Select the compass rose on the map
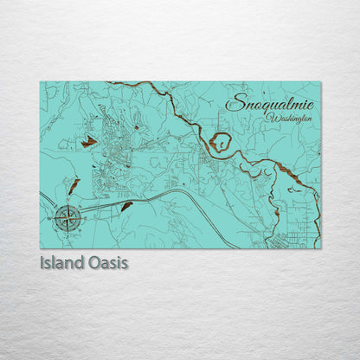[67, 217]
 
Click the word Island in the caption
[65, 262]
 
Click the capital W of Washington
[271, 117]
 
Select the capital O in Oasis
[95, 262]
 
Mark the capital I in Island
[42, 262]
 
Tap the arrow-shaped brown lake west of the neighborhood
[88, 141]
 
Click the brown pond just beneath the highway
[127, 206]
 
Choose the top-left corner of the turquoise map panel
[41, 82]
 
